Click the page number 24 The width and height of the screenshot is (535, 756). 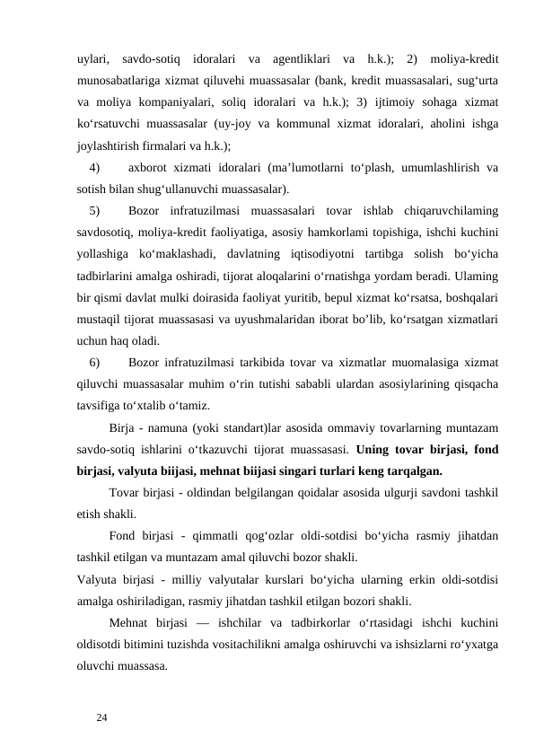(102, 717)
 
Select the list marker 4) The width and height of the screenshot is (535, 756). (95, 166)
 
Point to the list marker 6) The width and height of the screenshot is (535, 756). (95, 363)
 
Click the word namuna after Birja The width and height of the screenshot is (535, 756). (171, 426)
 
